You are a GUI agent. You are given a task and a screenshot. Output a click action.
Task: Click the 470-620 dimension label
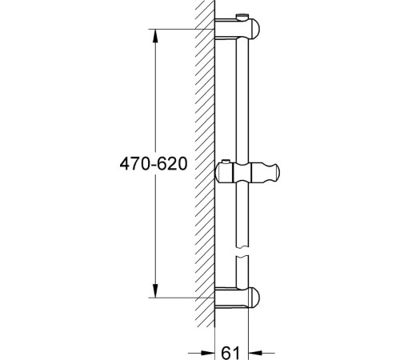pyautogui.click(x=154, y=163)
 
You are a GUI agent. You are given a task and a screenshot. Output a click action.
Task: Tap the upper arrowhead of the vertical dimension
pyautogui.click(x=155, y=35)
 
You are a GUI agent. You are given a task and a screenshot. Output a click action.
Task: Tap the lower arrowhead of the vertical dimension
pyautogui.click(x=155, y=290)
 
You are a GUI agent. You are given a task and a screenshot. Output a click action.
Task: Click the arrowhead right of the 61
pyautogui.click(x=255, y=353)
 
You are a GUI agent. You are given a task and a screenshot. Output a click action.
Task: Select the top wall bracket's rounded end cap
pyautogui.click(x=254, y=28)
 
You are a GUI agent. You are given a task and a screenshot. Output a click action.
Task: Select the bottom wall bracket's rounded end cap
pyautogui.click(x=254, y=297)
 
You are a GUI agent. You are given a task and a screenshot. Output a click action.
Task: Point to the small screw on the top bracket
pyautogui.click(x=242, y=17)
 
